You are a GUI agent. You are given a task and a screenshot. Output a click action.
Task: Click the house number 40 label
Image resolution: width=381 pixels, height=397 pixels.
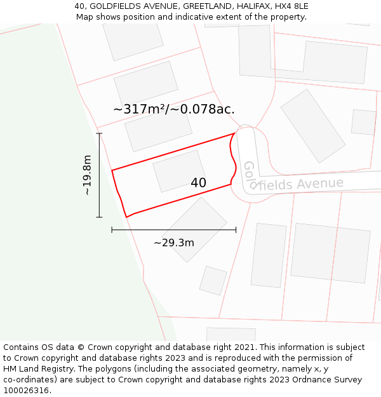pos(198,183)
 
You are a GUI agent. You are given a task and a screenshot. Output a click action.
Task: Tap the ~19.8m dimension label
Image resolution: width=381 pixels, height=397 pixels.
pos(87,175)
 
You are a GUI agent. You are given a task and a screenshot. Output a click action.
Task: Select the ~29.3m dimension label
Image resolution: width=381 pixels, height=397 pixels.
pos(173,242)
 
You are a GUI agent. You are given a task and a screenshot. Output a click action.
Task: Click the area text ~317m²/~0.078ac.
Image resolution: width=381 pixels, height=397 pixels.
pos(174,109)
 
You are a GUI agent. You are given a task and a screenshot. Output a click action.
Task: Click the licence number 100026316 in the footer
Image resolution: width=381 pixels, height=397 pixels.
pos(26,391)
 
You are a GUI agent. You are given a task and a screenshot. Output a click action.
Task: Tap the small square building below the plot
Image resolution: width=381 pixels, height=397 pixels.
pos(213,280)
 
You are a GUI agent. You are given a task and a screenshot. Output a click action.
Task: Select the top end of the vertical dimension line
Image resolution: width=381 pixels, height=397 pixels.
pos(99,133)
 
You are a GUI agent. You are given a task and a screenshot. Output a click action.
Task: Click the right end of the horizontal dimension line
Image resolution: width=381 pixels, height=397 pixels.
pos(236,230)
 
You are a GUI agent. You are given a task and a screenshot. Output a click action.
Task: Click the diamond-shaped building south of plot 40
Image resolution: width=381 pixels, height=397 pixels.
pos(194,229)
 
